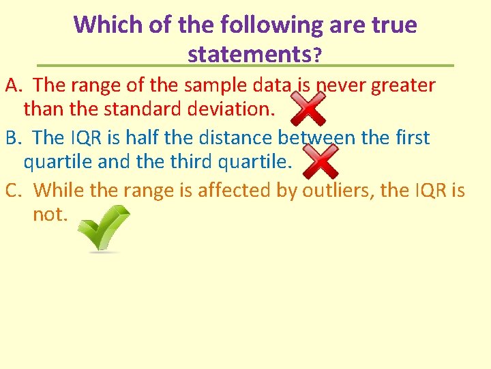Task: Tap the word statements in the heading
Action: pos(248,53)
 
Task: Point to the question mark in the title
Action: pos(316,55)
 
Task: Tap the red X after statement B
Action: pos(319,162)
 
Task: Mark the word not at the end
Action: pos(50,215)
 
